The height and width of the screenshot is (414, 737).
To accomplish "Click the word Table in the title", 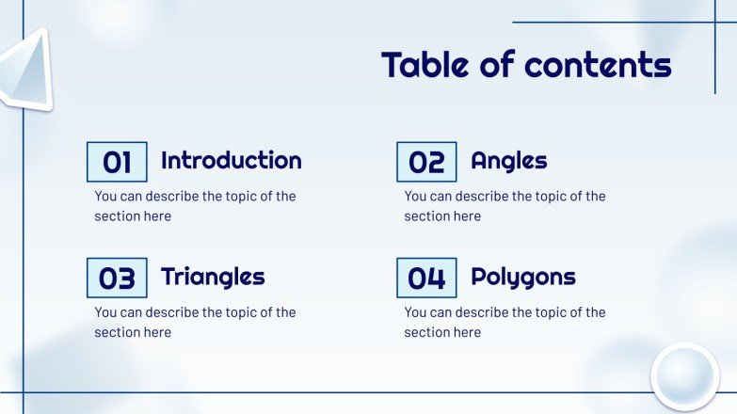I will (x=424, y=64).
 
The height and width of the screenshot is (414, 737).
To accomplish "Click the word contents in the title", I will (x=598, y=64).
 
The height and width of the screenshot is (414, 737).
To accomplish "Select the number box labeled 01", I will (x=117, y=162).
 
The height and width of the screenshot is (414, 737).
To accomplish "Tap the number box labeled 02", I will (x=426, y=162).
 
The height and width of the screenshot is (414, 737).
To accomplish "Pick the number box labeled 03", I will (x=117, y=278).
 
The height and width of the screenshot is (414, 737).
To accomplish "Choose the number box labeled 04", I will (x=426, y=278).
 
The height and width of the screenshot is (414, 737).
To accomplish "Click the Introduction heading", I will (x=231, y=160).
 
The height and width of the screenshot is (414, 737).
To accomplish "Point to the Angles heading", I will (x=508, y=161).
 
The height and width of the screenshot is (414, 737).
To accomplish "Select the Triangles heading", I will (x=213, y=277).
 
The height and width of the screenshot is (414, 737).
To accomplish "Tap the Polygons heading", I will (x=522, y=278).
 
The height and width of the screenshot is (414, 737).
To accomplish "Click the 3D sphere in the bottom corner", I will (x=684, y=376).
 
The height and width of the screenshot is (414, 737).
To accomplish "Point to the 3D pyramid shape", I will (x=25, y=71).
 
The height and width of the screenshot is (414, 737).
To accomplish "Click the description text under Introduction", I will (x=195, y=206).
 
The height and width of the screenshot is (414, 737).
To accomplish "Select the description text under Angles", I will (x=505, y=206).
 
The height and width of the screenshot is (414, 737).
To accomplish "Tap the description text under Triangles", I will (x=195, y=322).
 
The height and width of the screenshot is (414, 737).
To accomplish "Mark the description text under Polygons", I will (x=505, y=322).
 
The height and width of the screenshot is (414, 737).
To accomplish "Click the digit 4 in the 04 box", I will (x=436, y=279).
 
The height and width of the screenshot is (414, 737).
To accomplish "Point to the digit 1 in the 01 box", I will (x=126, y=163).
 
